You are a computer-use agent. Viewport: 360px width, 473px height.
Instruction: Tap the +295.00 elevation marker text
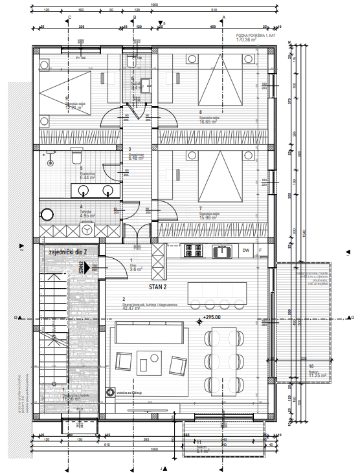212,318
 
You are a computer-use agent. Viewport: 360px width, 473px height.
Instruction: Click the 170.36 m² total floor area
247,40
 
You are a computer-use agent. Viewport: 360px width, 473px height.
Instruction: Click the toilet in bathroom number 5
76,157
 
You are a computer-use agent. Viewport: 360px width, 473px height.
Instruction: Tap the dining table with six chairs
221,358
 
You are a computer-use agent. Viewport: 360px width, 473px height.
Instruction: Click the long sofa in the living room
146,335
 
